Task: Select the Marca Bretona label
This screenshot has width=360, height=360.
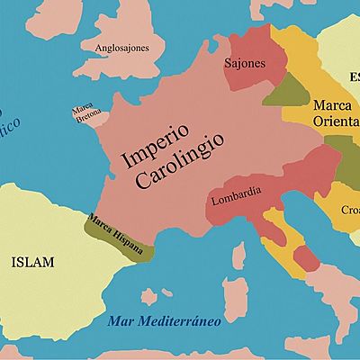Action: (x=85, y=113)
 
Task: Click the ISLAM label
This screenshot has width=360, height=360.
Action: (x=32, y=262)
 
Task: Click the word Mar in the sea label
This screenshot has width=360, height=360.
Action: (x=120, y=321)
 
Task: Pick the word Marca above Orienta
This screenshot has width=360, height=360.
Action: (x=330, y=106)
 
